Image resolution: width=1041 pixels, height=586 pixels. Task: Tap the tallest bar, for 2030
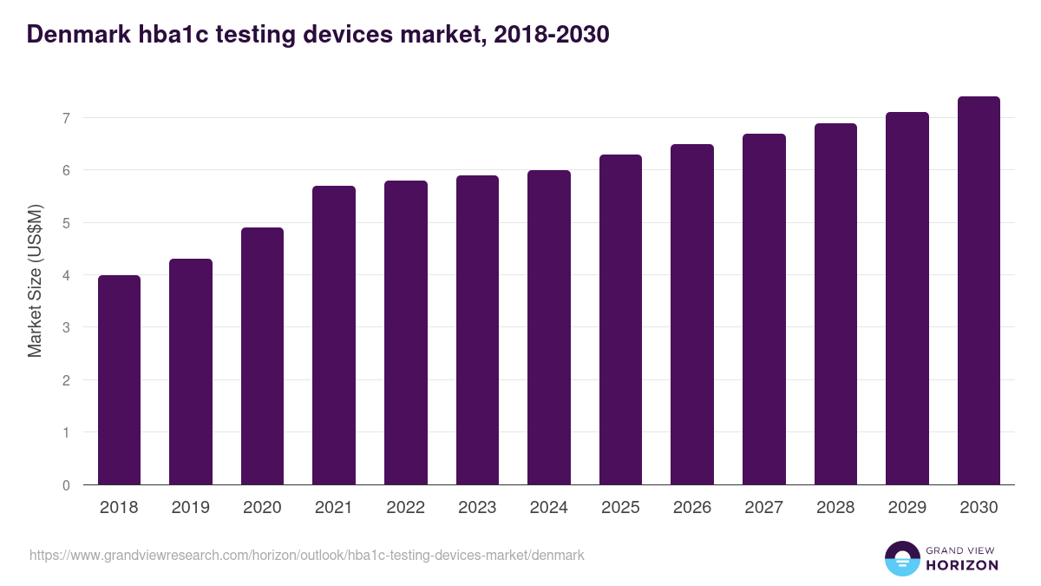(x=979, y=291)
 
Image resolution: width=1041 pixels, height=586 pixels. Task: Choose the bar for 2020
(x=262, y=356)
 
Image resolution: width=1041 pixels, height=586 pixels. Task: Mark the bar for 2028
(x=835, y=304)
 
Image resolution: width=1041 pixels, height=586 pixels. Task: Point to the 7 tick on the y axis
(x=65, y=117)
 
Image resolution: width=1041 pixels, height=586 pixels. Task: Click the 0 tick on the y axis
(x=65, y=485)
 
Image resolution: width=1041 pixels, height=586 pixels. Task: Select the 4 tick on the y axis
(x=65, y=275)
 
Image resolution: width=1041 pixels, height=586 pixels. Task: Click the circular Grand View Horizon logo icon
(x=902, y=558)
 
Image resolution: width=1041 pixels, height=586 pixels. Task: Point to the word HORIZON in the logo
(x=961, y=565)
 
